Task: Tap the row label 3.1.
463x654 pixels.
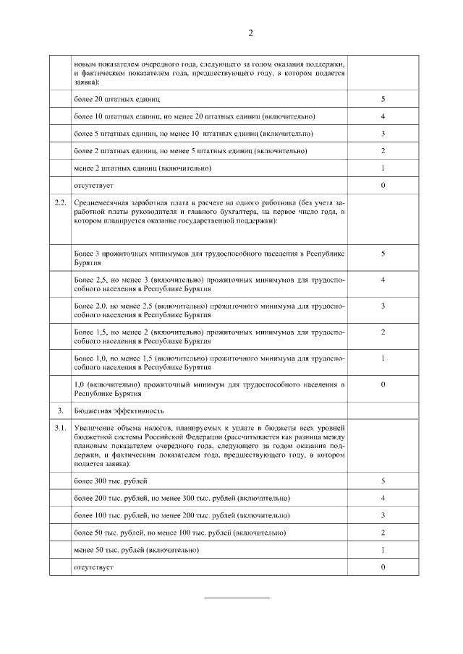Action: click(x=61, y=429)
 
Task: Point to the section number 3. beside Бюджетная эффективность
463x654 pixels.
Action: click(x=61, y=410)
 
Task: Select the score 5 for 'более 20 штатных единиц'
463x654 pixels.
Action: click(x=383, y=98)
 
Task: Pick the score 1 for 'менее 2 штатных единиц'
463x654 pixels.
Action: click(x=383, y=168)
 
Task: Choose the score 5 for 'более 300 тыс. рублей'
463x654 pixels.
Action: click(x=383, y=481)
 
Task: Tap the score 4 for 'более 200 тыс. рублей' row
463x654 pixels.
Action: click(x=383, y=498)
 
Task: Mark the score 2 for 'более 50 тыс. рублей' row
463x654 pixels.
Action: click(x=383, y=533)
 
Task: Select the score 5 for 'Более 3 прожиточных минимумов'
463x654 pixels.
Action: click(x=383, y=254)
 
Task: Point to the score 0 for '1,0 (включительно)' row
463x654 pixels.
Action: click(x=383, y=384)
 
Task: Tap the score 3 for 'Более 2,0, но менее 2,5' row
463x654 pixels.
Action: click(x=383, y=306)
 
